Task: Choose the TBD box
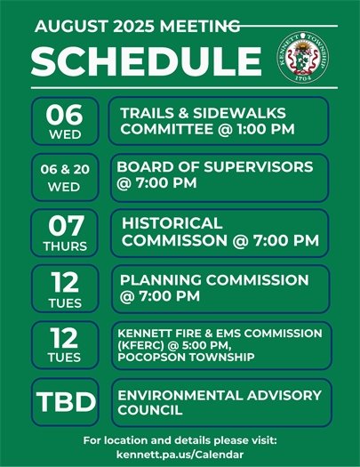coord(65,401)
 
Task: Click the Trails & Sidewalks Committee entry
coord(219,121)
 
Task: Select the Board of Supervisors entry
coord(219,176)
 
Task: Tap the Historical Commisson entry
coord(219,232)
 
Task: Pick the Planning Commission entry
coord(219,288)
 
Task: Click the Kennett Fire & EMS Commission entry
coord(219,344)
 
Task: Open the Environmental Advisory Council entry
coord(219,401)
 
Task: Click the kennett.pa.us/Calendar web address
coord(180,455)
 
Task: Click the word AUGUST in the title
coord(64,28)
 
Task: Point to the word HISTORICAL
coord(172,222)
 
